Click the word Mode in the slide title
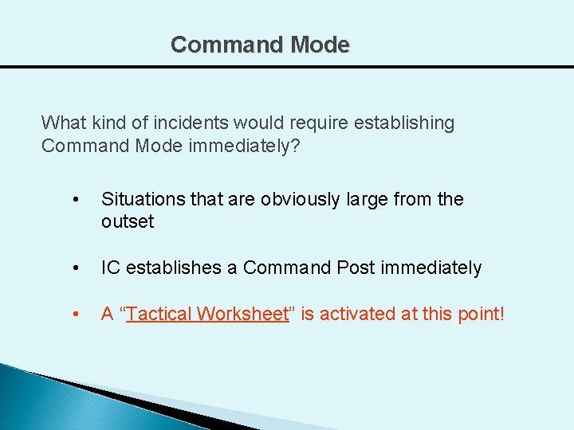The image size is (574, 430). coord(320,45)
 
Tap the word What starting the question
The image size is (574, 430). coord(61,123)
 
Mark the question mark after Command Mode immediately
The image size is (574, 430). coord(295,147)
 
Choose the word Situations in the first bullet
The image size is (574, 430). coord(141,199)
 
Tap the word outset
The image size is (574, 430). coord(128,221)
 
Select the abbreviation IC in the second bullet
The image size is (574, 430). coord(110,268)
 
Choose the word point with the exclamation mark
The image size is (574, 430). coord(480,314)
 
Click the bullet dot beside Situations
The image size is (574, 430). coord(74,199)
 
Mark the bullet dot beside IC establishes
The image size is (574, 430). coord(74,268)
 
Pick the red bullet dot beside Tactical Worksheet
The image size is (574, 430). coord(74,314)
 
